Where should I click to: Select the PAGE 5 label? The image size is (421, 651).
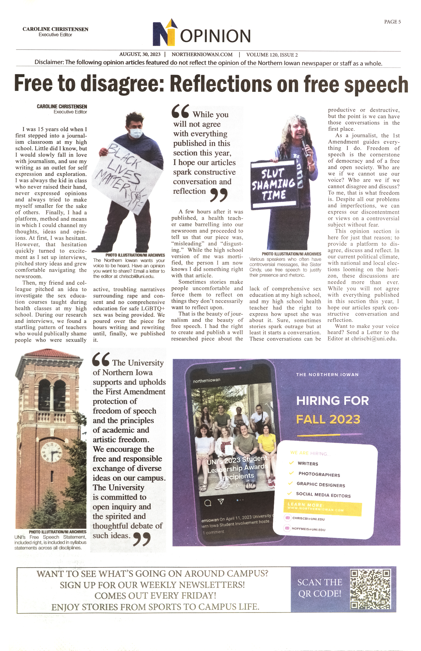pos(392,22)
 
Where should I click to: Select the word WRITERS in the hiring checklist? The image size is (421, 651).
pos(308,464)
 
